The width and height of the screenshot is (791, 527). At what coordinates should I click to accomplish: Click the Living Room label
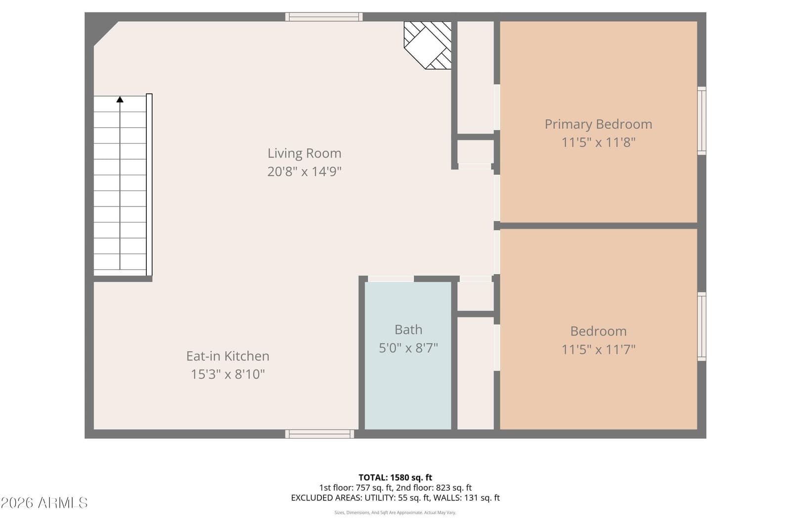tap(305, 154)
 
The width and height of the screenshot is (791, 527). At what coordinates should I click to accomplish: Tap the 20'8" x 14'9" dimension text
tap(305, 172)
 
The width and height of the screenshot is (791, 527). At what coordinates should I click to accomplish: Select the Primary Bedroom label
tap(598, 124)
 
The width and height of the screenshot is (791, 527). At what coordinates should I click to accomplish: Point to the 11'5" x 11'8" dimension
tap(598, 143)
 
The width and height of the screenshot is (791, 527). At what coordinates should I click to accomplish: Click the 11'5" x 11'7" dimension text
tap(598, 350)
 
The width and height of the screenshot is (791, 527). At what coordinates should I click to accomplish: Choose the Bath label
tap(408, 329)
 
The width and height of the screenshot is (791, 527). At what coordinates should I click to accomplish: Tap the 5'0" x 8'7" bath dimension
tap(408, 348)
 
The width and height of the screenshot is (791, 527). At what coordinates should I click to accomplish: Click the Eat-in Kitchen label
tap(228, 356)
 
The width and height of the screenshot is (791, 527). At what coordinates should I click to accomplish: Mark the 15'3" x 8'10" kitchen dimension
tap(228, 374)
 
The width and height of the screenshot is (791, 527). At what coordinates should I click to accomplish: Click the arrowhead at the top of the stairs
tap(120, 99)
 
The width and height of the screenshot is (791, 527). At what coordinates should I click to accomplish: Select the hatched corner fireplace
tap(428, 45)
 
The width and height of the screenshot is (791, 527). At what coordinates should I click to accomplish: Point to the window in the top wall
tap(324, 17)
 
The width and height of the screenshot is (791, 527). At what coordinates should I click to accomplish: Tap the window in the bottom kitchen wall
tap(319, 434)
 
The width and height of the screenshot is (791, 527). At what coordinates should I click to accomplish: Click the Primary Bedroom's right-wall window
tap(702, 121)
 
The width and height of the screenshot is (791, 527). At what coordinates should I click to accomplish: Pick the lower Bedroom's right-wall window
tap(702, 326)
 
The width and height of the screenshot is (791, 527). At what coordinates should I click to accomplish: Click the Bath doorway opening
tap(391, 279)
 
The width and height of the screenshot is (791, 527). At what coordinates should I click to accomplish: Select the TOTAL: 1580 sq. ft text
tap(395, 478)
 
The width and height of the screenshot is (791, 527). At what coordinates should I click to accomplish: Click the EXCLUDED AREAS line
tap(395, 498)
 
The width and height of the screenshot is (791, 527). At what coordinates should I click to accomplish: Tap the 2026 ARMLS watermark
tap(44, 503)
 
